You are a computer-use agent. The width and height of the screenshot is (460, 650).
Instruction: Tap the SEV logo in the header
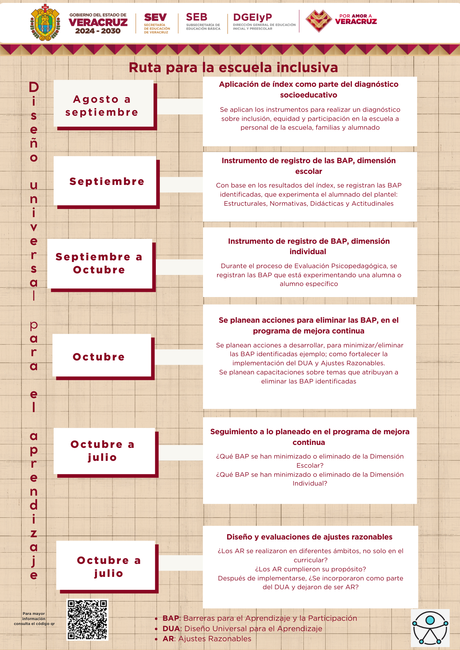156,18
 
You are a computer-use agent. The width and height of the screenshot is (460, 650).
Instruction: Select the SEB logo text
196,17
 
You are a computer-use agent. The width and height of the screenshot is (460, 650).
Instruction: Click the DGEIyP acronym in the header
252,18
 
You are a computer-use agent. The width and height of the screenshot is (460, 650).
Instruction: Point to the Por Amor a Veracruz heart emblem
319,21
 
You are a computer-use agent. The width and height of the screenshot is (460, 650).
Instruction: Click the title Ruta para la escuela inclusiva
233,68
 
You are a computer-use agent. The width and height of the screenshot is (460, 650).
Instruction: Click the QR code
87,619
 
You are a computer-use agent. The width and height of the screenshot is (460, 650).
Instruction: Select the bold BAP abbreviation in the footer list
171,618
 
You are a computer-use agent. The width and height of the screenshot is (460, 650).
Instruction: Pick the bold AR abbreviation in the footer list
169,639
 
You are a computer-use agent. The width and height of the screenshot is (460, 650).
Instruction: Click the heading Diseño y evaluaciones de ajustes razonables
309,537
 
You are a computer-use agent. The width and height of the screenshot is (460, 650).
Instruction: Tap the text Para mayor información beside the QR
34,619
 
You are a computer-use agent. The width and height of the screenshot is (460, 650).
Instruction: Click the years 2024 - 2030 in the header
98,31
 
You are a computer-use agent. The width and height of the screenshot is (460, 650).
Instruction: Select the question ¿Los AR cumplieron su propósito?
310,569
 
